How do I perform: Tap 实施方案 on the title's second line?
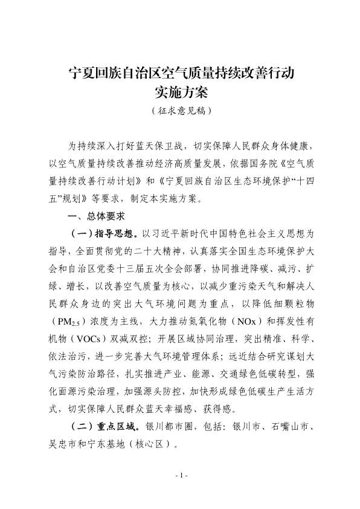click(x=180, y=94)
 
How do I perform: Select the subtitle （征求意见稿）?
click(x=180, y=112)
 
